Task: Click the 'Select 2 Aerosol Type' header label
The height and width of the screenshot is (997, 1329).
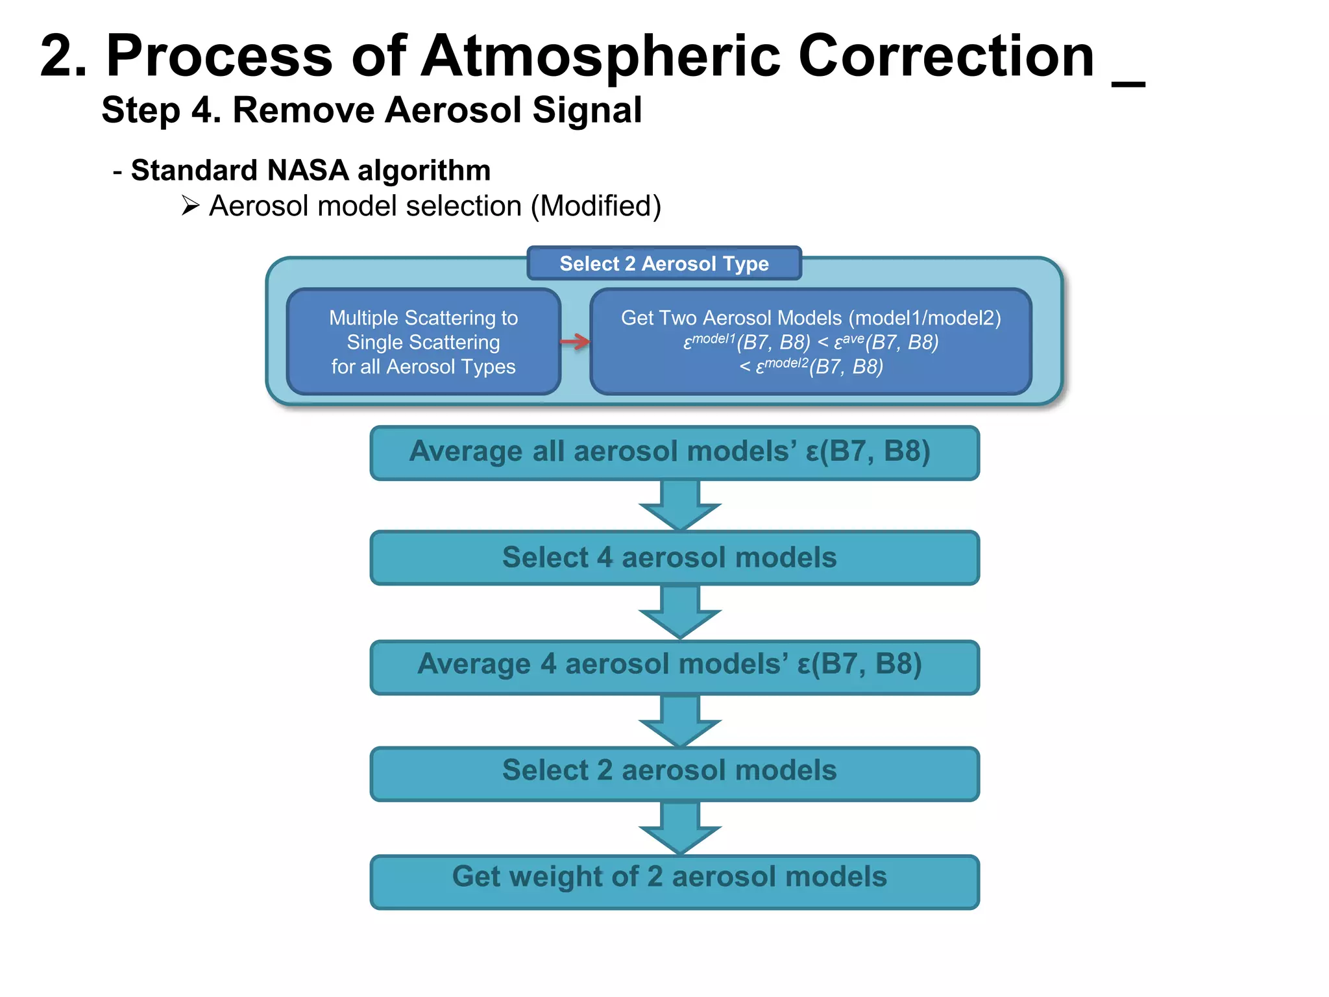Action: [x=664, y=264]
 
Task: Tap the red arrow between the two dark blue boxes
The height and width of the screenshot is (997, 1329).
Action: [x=575, y=341]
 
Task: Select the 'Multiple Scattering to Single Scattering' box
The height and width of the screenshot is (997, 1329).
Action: [x=423, y=342]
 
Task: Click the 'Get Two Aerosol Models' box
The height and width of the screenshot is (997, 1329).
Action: [x=811, y=342]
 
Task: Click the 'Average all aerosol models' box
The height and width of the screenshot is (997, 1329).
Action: [x=674, y=452]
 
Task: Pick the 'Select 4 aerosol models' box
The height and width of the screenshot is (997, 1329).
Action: [x=674, y=558]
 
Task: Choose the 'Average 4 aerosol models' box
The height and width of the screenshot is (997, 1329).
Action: [x=674, y=667]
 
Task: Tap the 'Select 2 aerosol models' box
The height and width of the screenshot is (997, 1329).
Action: [x=674, y=772]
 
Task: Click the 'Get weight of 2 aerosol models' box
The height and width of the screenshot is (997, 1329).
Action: [x=674, y=881]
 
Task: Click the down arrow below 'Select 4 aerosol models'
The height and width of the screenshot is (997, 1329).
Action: [x=679, y=613]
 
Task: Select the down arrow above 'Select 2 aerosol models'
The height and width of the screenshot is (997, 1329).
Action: [x=679, y=721]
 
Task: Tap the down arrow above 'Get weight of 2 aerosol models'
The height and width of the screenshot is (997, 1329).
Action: [x=679, y=828]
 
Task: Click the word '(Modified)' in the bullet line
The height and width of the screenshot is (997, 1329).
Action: [x=596, y=206]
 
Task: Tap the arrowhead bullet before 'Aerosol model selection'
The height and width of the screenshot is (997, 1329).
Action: [x=190, y=206]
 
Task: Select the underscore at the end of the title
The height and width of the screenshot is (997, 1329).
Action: [x=1128, y=83]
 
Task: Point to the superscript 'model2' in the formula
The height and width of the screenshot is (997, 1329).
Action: [x=786, y=363]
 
